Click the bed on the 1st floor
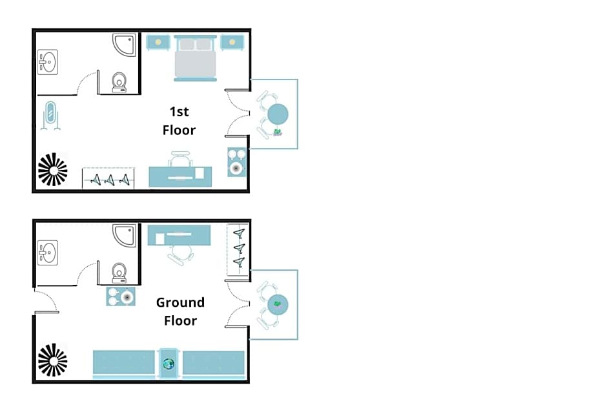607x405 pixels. point(195,58)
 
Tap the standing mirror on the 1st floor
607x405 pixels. point(50,116)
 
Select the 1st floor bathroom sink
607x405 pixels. point(48,62)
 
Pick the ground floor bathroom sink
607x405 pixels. point(48,253)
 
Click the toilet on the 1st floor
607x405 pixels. point(119,83)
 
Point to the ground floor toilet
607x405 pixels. point(119,274)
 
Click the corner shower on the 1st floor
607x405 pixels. point(125,45)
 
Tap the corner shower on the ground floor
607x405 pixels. point(125,235)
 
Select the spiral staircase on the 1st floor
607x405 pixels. point(53,170)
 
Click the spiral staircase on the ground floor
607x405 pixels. point(53,360)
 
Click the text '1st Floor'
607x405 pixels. point(180,121)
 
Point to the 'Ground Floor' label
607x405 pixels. point(180,311)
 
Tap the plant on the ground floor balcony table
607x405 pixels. point(277,304)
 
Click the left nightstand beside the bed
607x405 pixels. point(158,42)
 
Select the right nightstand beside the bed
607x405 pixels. point(232,42)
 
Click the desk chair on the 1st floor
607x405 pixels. point(180,159)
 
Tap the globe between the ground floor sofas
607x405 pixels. point(169,364)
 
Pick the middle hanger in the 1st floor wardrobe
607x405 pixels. point(110,180)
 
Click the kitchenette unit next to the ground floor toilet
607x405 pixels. point(121,296)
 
